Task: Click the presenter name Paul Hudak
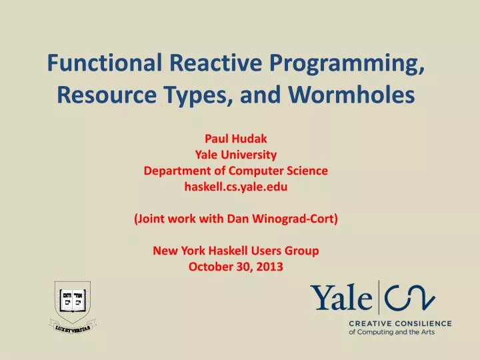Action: point(235,140)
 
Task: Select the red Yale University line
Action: point(235,155)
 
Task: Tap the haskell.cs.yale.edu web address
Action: point(235,187)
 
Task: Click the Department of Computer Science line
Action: point(235,171)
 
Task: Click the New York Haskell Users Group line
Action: point(235,251)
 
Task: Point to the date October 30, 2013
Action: point(235,267)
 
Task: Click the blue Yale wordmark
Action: point(341,297)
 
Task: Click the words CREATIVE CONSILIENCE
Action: point(400,323)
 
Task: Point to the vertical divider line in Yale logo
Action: point(379,297)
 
